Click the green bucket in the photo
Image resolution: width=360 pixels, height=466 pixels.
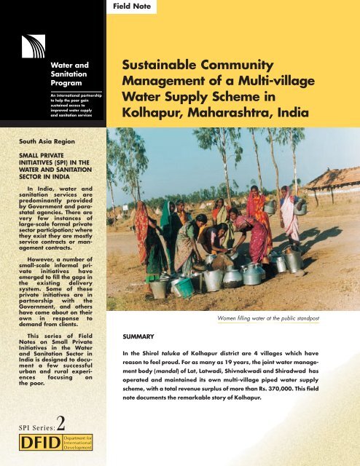click(x=183, y=287)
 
